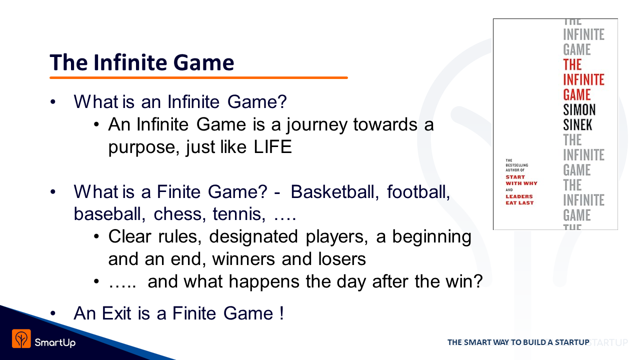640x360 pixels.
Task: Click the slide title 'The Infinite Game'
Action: tap(141, 62)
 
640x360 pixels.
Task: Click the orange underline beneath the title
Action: tap(198, 77)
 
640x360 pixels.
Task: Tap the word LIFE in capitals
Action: tap(272, 147)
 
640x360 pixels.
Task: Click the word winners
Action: tap(243, 259)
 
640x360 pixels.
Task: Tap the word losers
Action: tap(341, 259)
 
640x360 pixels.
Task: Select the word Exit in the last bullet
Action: tap(116, 313)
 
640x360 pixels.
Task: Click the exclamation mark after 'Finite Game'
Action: tap(281, 313)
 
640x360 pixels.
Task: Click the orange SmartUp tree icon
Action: tap(21, 338)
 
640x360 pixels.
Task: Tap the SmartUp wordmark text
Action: tap(55, 342)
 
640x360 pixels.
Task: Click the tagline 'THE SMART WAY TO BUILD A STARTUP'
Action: tap(518, 342)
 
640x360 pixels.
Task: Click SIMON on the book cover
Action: tap(579, 109)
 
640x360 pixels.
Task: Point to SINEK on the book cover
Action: tap(577, 125)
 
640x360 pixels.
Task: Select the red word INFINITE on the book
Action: tap(583, 79)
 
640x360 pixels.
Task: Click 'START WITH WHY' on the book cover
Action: tap(521, 180)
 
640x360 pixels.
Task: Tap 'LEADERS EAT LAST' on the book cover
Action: tap(519, 199)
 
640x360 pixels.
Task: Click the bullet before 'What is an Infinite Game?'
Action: tap(53, 102)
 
